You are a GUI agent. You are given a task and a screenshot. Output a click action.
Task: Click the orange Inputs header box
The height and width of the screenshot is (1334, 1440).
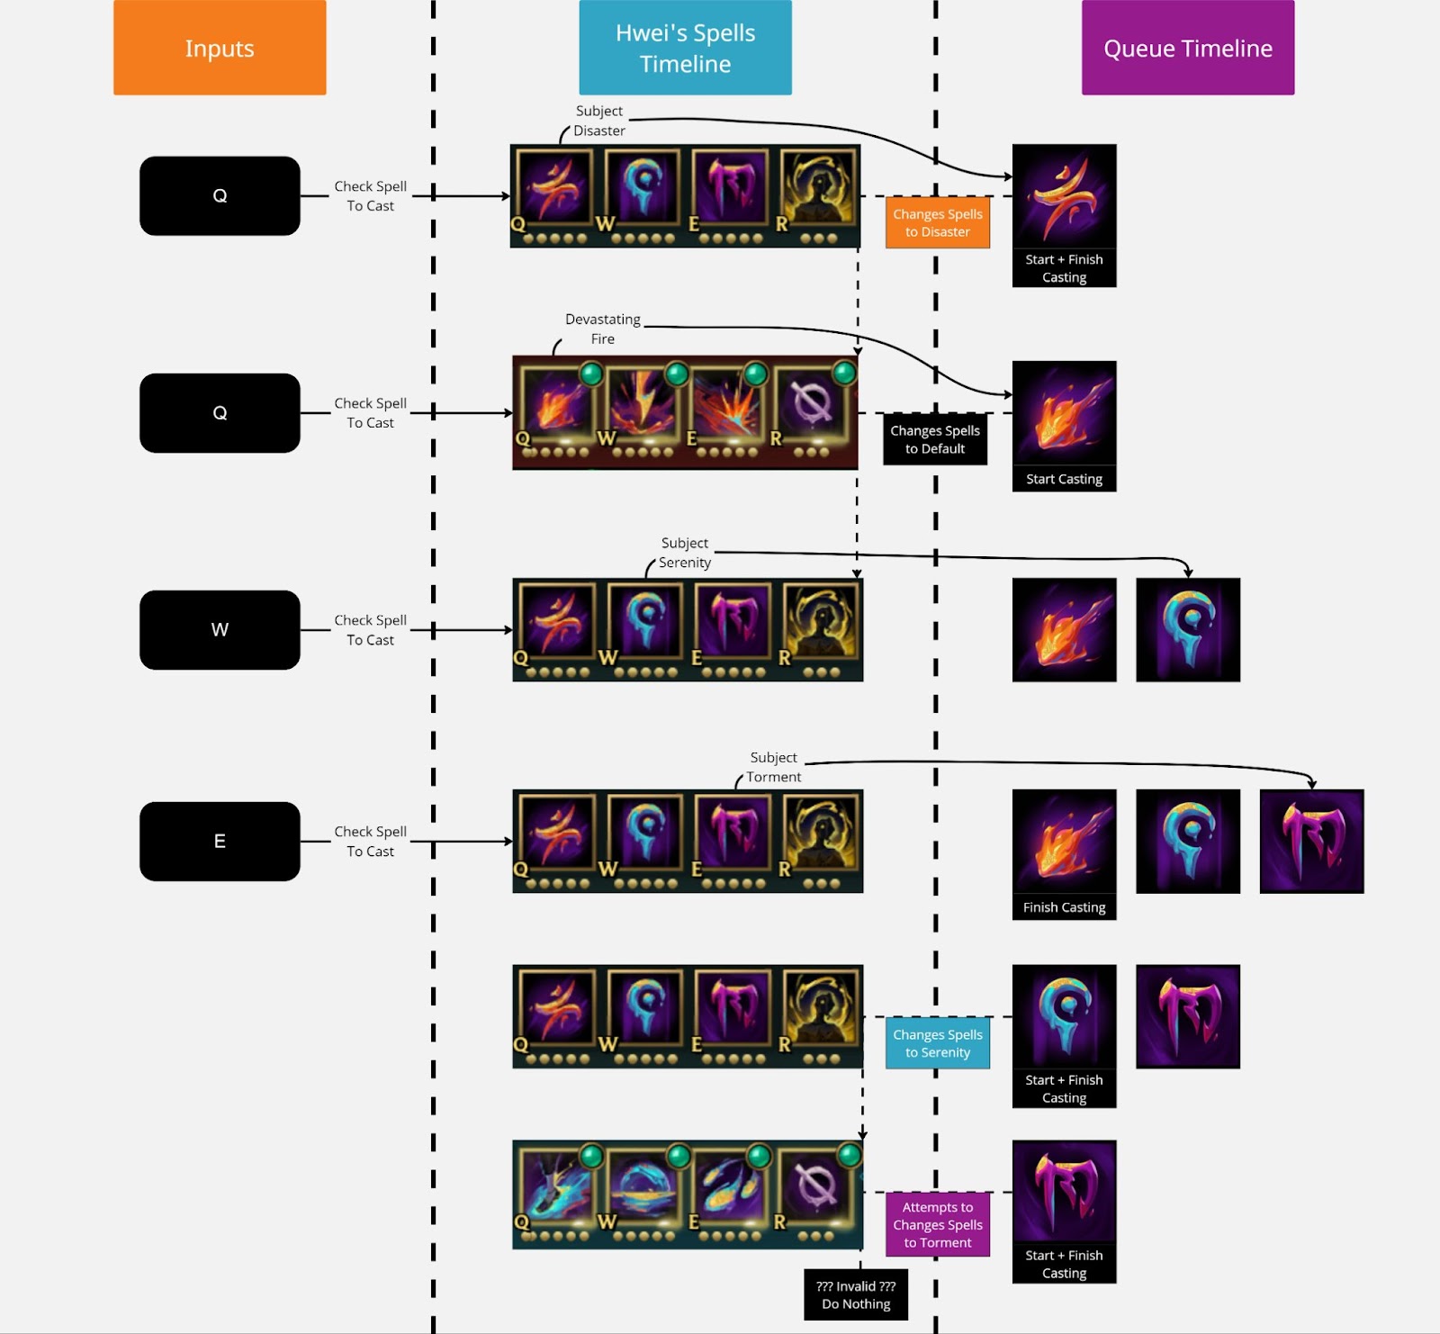coord(220,48)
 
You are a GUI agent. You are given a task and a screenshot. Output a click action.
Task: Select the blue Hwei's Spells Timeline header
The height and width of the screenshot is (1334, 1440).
coord(685,48)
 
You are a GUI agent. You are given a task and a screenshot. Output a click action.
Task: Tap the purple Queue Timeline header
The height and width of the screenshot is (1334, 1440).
coord(1187,48)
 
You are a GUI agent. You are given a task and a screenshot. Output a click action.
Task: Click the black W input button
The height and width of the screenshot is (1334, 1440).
coord(220,629)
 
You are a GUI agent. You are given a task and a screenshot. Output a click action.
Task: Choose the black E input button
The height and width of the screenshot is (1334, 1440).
coord(220,841)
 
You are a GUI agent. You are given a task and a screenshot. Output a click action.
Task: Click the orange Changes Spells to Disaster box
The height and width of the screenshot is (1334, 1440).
coord(937,222)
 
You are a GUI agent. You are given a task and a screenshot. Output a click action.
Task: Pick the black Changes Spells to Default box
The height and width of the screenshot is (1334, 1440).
coord(934,439)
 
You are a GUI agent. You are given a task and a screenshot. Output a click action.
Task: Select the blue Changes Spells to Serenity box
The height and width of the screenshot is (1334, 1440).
coord(937,1043)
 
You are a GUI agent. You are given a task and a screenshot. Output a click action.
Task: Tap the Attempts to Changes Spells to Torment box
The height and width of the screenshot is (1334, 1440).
coord(937,1224)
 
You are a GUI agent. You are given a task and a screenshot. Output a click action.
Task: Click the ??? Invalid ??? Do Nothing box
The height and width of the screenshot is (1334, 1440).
coord(855,1294)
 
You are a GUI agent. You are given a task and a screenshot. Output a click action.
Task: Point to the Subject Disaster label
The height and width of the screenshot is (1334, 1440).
coord(598,121)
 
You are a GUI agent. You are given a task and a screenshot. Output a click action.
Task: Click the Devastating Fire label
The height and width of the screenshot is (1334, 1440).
coord(602,329)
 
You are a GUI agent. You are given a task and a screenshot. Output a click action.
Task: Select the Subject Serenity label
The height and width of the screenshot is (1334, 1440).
coord(684,553)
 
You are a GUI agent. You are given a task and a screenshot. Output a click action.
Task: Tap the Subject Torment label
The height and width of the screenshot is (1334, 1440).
coord(773,767)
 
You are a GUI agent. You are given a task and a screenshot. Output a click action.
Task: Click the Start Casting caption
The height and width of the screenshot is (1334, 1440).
coord(1064,479)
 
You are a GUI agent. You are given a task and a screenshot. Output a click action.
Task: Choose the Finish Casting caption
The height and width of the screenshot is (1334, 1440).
coord(1064,907)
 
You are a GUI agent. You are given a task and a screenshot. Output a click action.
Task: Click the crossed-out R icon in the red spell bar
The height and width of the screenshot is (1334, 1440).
coord(812,405)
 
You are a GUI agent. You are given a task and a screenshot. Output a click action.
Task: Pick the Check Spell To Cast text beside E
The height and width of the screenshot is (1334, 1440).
coord(370,841)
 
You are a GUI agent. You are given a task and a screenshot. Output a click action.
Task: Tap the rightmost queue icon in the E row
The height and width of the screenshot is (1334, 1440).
coord(1311,841)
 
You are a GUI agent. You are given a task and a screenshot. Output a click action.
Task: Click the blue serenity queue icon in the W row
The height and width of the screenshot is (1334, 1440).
coord(1187,629)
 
